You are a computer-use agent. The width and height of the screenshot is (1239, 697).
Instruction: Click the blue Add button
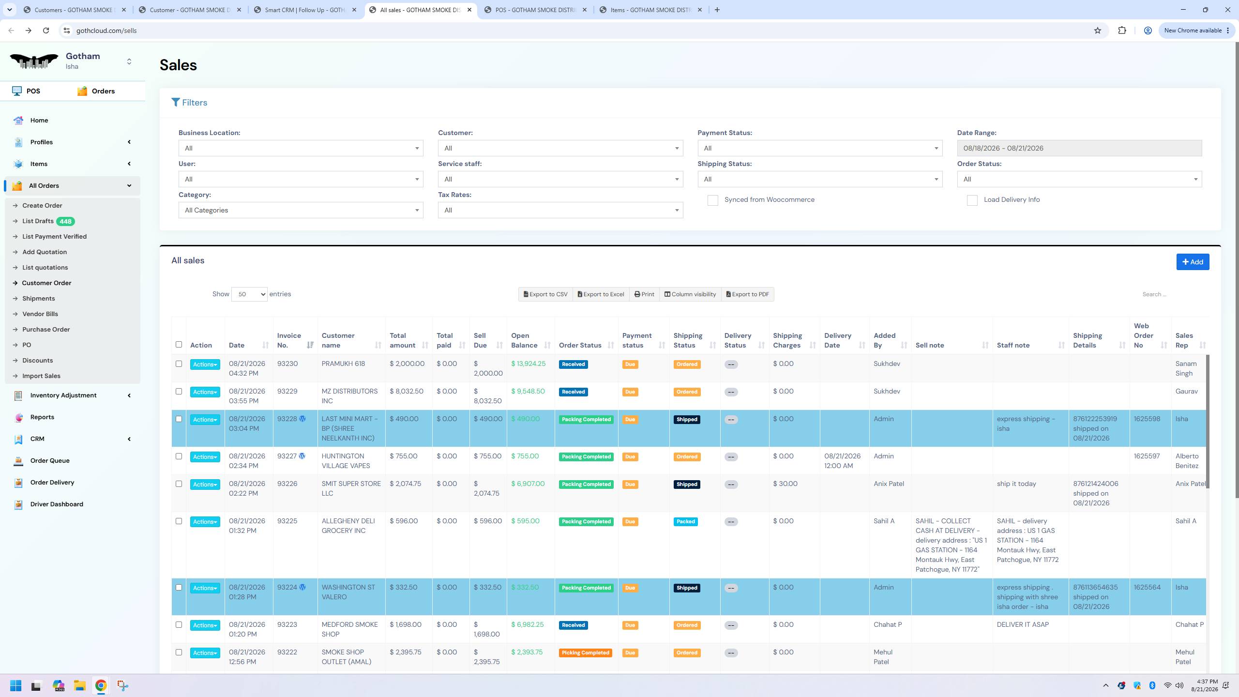[1193, 262]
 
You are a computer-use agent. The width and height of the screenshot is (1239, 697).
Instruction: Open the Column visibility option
[690, 294]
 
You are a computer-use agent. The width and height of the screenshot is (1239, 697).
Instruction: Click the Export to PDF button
[747, 294]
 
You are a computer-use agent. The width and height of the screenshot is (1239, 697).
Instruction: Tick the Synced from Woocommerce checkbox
[712, 200]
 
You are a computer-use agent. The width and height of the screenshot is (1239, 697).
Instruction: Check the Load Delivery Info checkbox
[972, 200]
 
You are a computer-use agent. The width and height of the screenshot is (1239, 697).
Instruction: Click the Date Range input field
[1079, 148]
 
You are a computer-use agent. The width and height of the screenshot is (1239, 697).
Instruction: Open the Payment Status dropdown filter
[820, 148]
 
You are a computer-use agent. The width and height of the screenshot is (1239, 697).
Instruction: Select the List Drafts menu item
[38, 221]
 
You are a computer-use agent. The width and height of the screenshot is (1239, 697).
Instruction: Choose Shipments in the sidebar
[38, 299]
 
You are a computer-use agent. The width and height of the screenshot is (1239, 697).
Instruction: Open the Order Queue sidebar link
[50, 461]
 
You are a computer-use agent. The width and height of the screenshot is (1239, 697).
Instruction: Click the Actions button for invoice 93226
[205, 485]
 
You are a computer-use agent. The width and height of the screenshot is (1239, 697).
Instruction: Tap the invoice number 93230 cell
[287, 364]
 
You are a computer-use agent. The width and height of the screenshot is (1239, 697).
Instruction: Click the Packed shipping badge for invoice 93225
[685, 522]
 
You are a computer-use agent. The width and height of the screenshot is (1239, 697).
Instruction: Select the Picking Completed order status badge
[585, 653]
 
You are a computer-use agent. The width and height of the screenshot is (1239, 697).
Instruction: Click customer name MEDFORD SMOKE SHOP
[349, 630]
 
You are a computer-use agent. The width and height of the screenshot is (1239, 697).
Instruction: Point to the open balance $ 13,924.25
[528, 364]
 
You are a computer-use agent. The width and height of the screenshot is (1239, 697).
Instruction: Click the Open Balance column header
[524, 340]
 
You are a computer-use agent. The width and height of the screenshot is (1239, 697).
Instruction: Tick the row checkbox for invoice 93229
[179, 392]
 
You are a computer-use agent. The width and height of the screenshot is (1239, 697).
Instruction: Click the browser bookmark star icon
[1097, 30]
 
